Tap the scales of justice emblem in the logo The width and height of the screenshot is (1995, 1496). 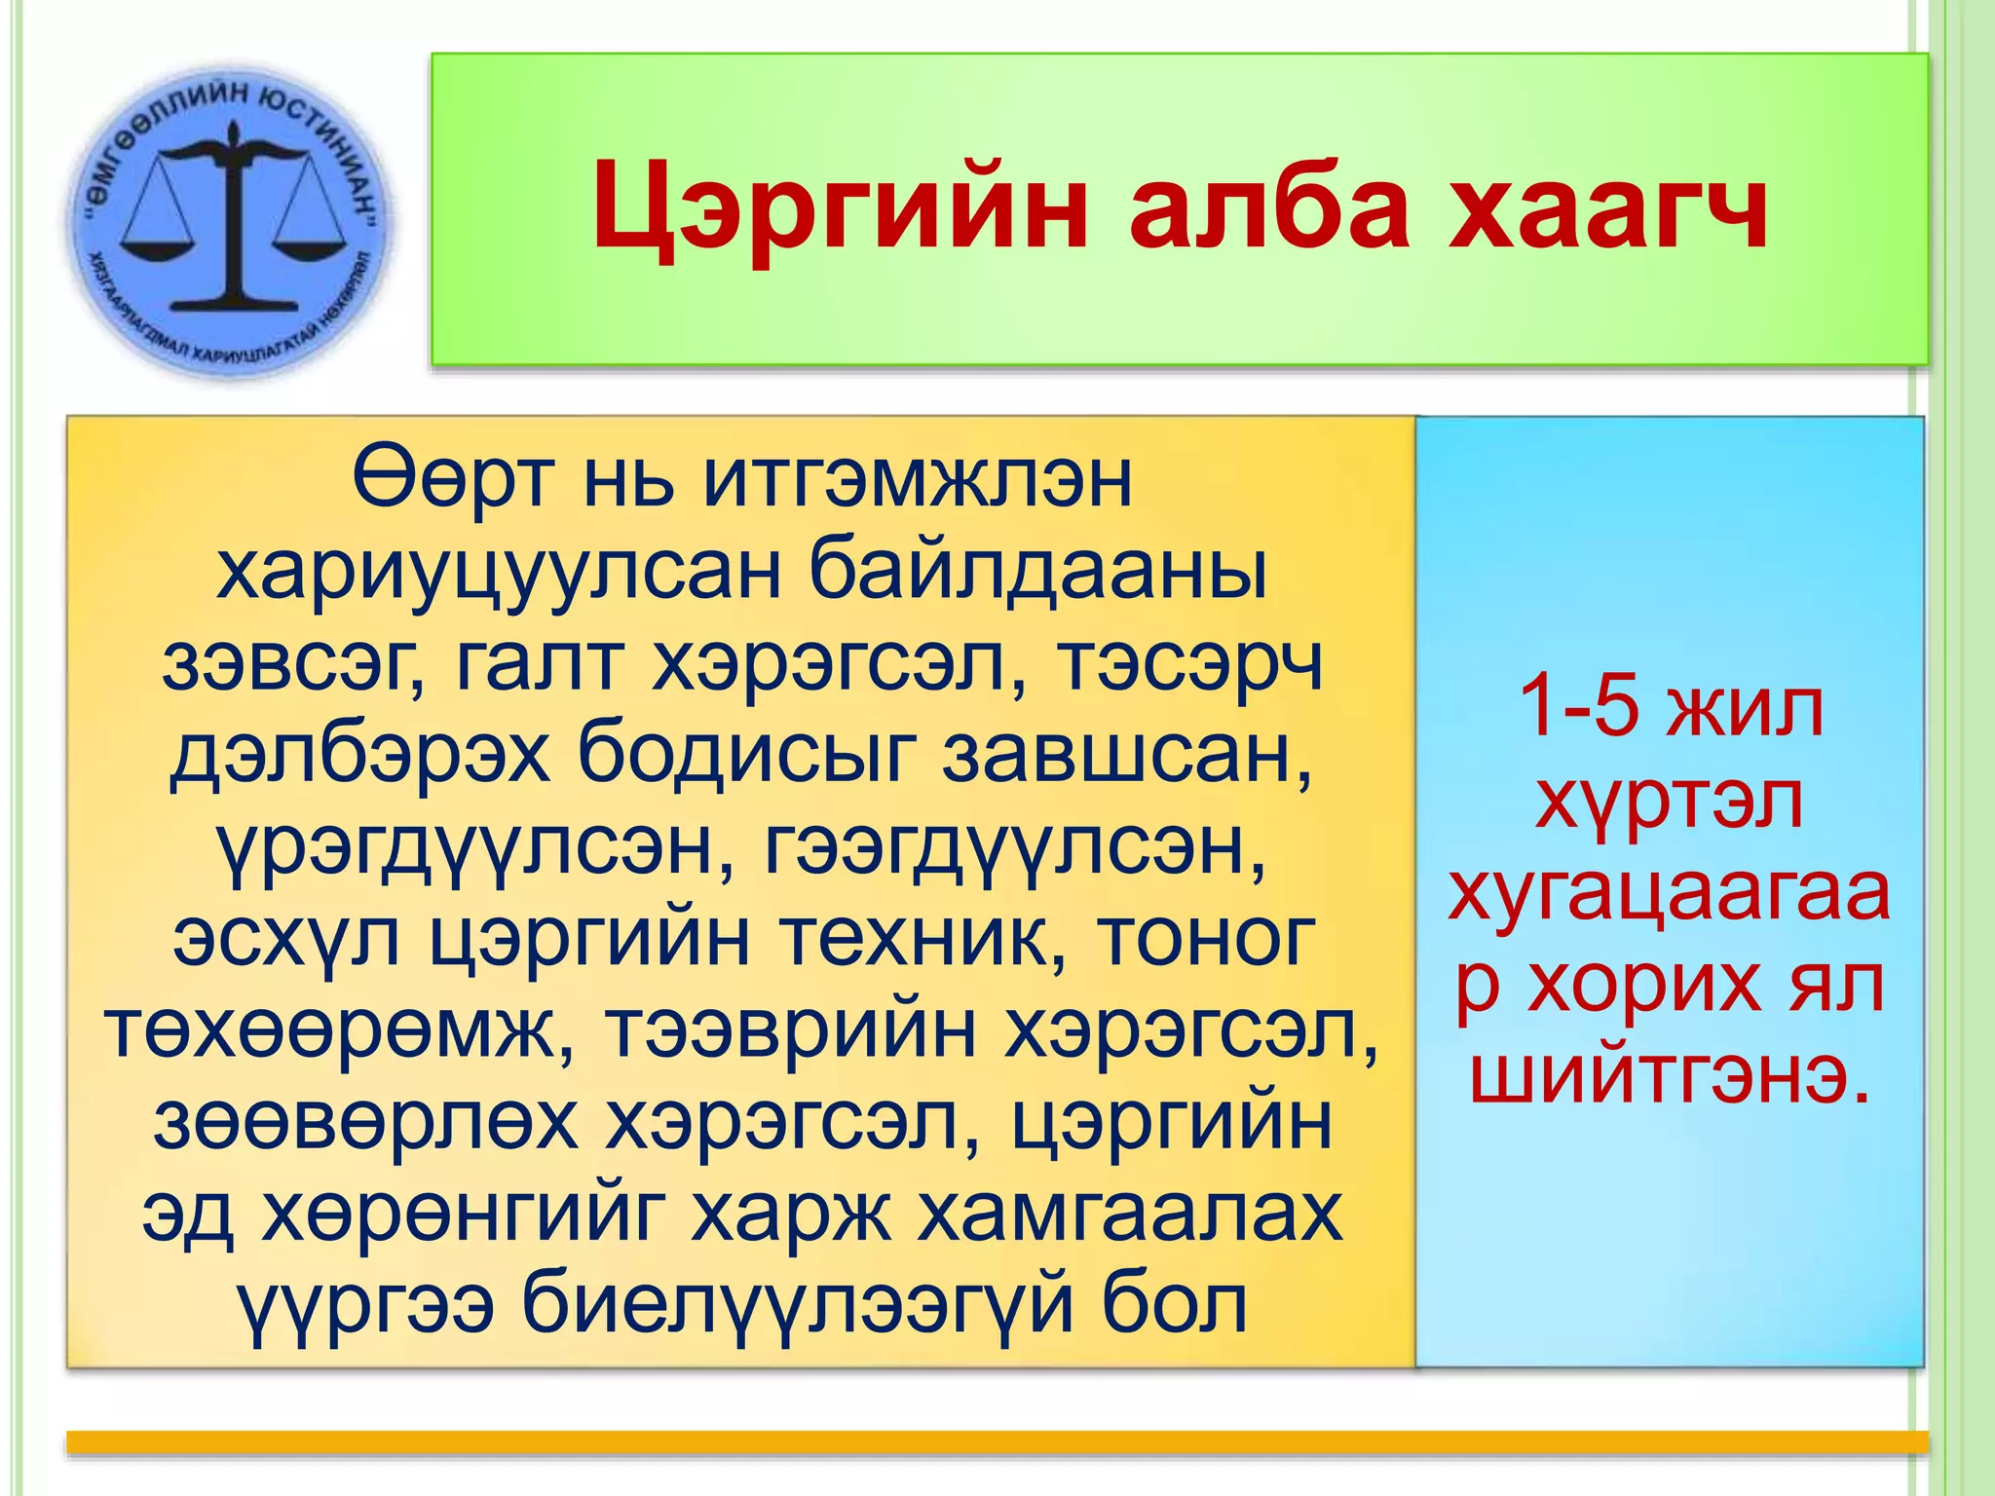pyautogui.click(x=234, y=219)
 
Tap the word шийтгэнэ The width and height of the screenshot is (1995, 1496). pyautogui.click(x=1670, y=1076)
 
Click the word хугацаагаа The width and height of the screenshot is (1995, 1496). pyautogui.click(x=1670, y=893)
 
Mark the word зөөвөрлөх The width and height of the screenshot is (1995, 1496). pyautogui.click(x=365, y=1122)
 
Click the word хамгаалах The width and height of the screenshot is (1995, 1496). pyautogui.click(x=1130, y=1214)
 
